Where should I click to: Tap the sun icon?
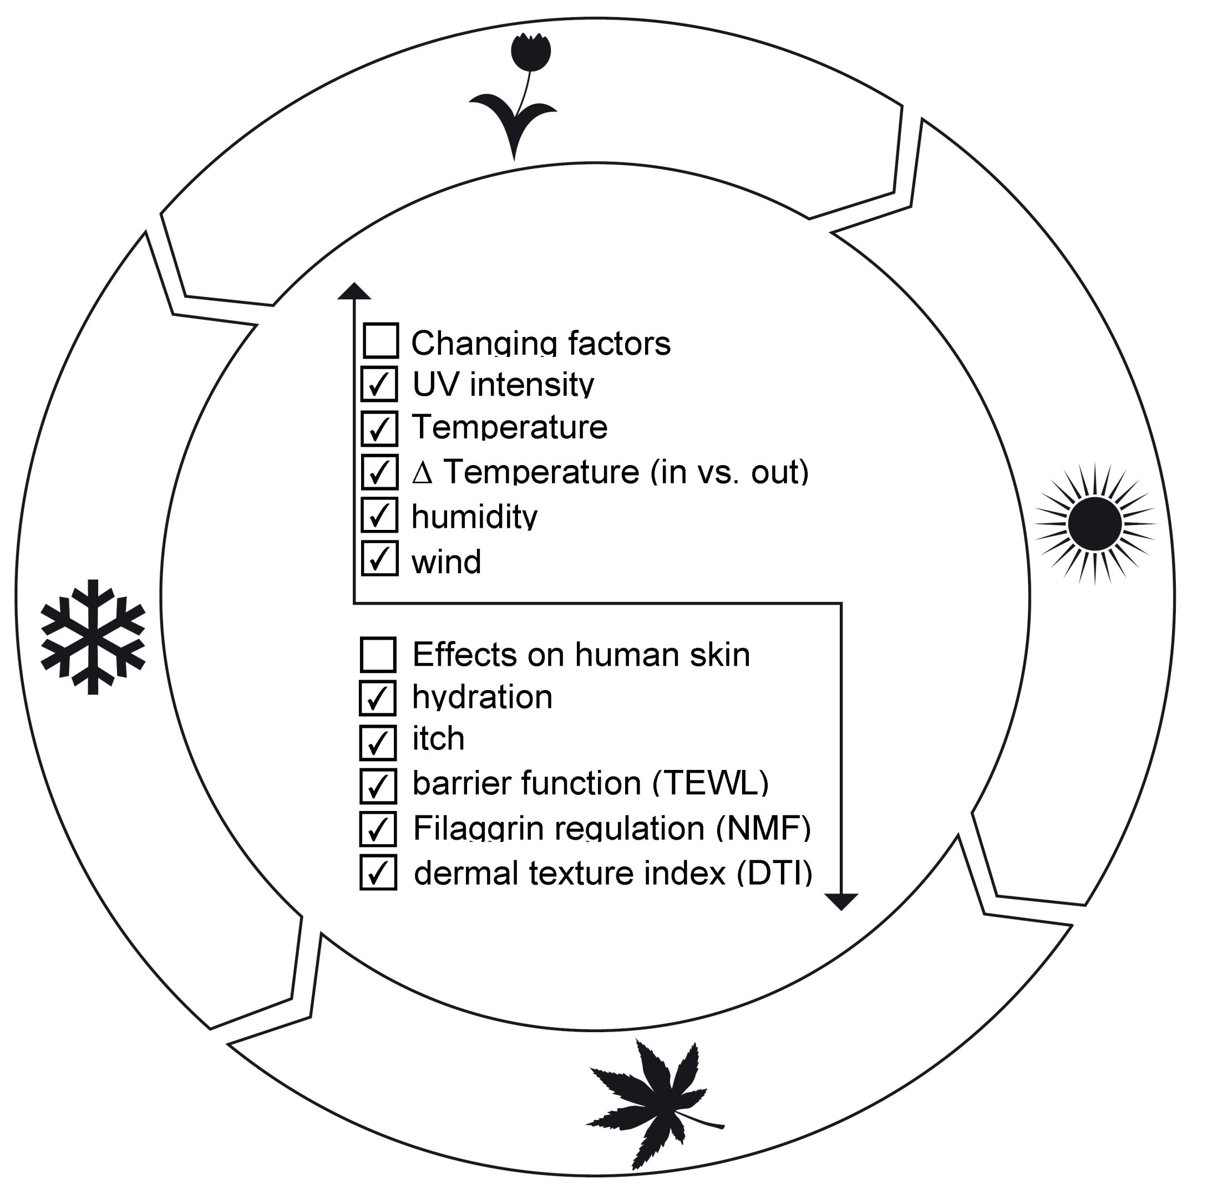1094,524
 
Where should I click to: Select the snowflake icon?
93,636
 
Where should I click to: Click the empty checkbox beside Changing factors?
381,340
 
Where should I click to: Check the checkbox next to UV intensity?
379,384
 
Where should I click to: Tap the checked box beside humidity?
379,515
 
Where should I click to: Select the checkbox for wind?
379,558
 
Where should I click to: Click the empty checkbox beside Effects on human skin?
378,655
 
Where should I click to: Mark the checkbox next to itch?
378,742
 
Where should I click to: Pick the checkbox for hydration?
378,698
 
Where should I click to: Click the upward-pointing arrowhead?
354,291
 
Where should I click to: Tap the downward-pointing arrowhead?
841,901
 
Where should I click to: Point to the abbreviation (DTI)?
775,873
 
